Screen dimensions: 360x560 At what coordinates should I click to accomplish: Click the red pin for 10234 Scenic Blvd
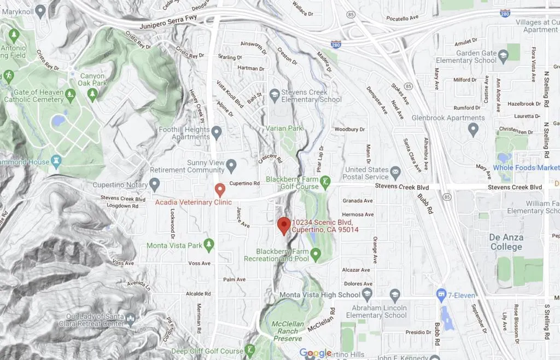pyautogui.click(x=283, y=225)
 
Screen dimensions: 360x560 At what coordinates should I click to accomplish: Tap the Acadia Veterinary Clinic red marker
pyautogui.click(x=220, y=190)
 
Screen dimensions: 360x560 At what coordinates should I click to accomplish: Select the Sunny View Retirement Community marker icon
pyautogui.click(x=231, y=165)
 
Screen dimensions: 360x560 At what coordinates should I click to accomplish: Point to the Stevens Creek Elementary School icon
pyautogui.click(x=275, y=95)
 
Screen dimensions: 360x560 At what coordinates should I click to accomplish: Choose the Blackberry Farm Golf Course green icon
pyautogui.click(x=325, y=182)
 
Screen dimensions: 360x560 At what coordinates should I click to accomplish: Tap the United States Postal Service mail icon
pyautogui.click(x=395, y=173)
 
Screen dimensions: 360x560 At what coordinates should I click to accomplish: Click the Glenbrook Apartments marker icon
pyautogui.click(x=474, y=129)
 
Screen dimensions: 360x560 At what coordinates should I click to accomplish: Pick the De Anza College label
pyautogui.click(x=506, y=242)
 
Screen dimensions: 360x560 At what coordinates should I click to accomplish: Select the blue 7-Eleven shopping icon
pyautogui.click(x=441, y=295)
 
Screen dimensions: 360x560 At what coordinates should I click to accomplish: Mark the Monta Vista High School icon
pyautogui.click(x=367, y=294)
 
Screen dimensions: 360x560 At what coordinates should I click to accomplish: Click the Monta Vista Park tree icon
pyautogui.click(x=208, y=245)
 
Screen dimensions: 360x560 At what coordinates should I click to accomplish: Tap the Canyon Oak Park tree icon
pyautogui.click(x=92, y=95)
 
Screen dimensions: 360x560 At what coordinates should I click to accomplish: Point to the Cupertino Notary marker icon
pyautogui.click(x=154, y=184)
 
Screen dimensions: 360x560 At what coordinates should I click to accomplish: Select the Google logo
pyautogui.click(x=316, y=353)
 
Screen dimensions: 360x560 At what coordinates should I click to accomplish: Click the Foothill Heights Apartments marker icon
pyautogui.click(x=217, y=132)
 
